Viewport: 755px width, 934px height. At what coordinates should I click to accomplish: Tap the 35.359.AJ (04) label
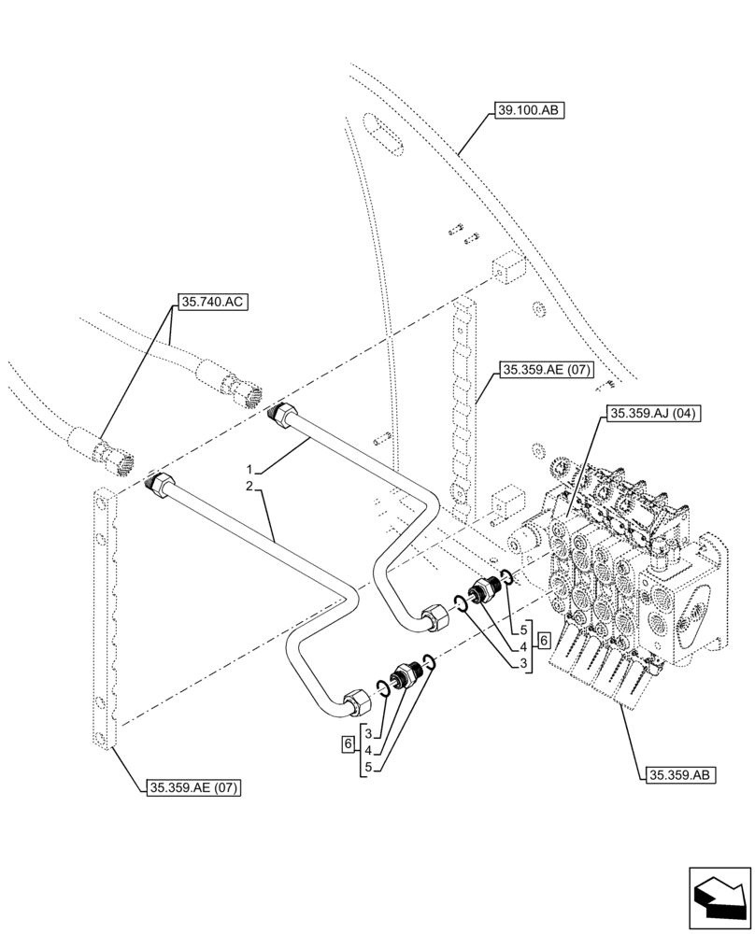pos(653,413)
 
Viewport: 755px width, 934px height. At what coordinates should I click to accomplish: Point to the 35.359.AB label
pos(679,774)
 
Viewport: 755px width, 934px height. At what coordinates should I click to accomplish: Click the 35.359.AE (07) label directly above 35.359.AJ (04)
pos(546,371)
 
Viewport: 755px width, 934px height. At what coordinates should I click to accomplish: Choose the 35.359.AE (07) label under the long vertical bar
pos(193,788)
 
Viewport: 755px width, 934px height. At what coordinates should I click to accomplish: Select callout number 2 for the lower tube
pos(249,487)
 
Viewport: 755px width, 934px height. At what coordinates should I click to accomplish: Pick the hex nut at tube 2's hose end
pos(162,486)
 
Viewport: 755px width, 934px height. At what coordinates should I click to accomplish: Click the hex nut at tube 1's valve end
pos(434,616)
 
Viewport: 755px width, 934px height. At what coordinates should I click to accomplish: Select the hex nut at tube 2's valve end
pos(356,700)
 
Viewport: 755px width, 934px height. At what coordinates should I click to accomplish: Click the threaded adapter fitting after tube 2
pos(406,675)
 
